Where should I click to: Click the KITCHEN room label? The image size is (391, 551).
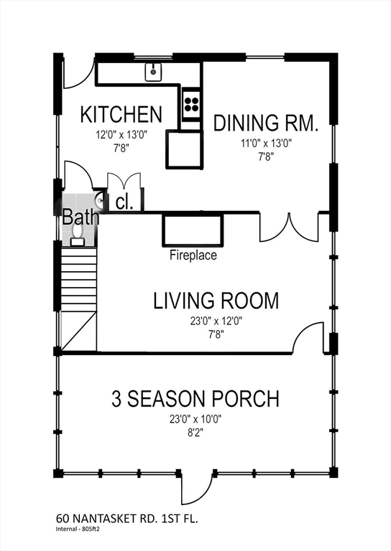tap(121, 114)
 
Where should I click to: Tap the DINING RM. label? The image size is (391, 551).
tap(266, 123)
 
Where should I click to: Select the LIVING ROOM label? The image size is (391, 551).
tap(216, 301)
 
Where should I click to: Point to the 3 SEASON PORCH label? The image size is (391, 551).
tap(195, 398)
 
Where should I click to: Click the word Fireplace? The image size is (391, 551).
tap(193, 255)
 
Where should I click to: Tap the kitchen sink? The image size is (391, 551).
tap(153, 72)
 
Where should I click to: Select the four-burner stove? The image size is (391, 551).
tap(192, 103)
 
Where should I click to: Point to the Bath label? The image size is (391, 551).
tap(80, 217)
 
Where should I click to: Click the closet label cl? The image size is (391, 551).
tap(124, 203)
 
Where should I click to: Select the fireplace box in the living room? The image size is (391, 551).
tap(193, 230)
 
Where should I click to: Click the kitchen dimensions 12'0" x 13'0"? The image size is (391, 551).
tap(121, 135)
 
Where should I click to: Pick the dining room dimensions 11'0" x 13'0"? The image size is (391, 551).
tap(267, 143)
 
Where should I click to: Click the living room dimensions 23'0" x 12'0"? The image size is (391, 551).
tap(216, 321)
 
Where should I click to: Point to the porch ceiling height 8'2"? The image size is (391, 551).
tap(195, 433)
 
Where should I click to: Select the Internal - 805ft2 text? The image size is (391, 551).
tap(78, 529)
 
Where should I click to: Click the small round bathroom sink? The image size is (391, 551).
tap(100, 201)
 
